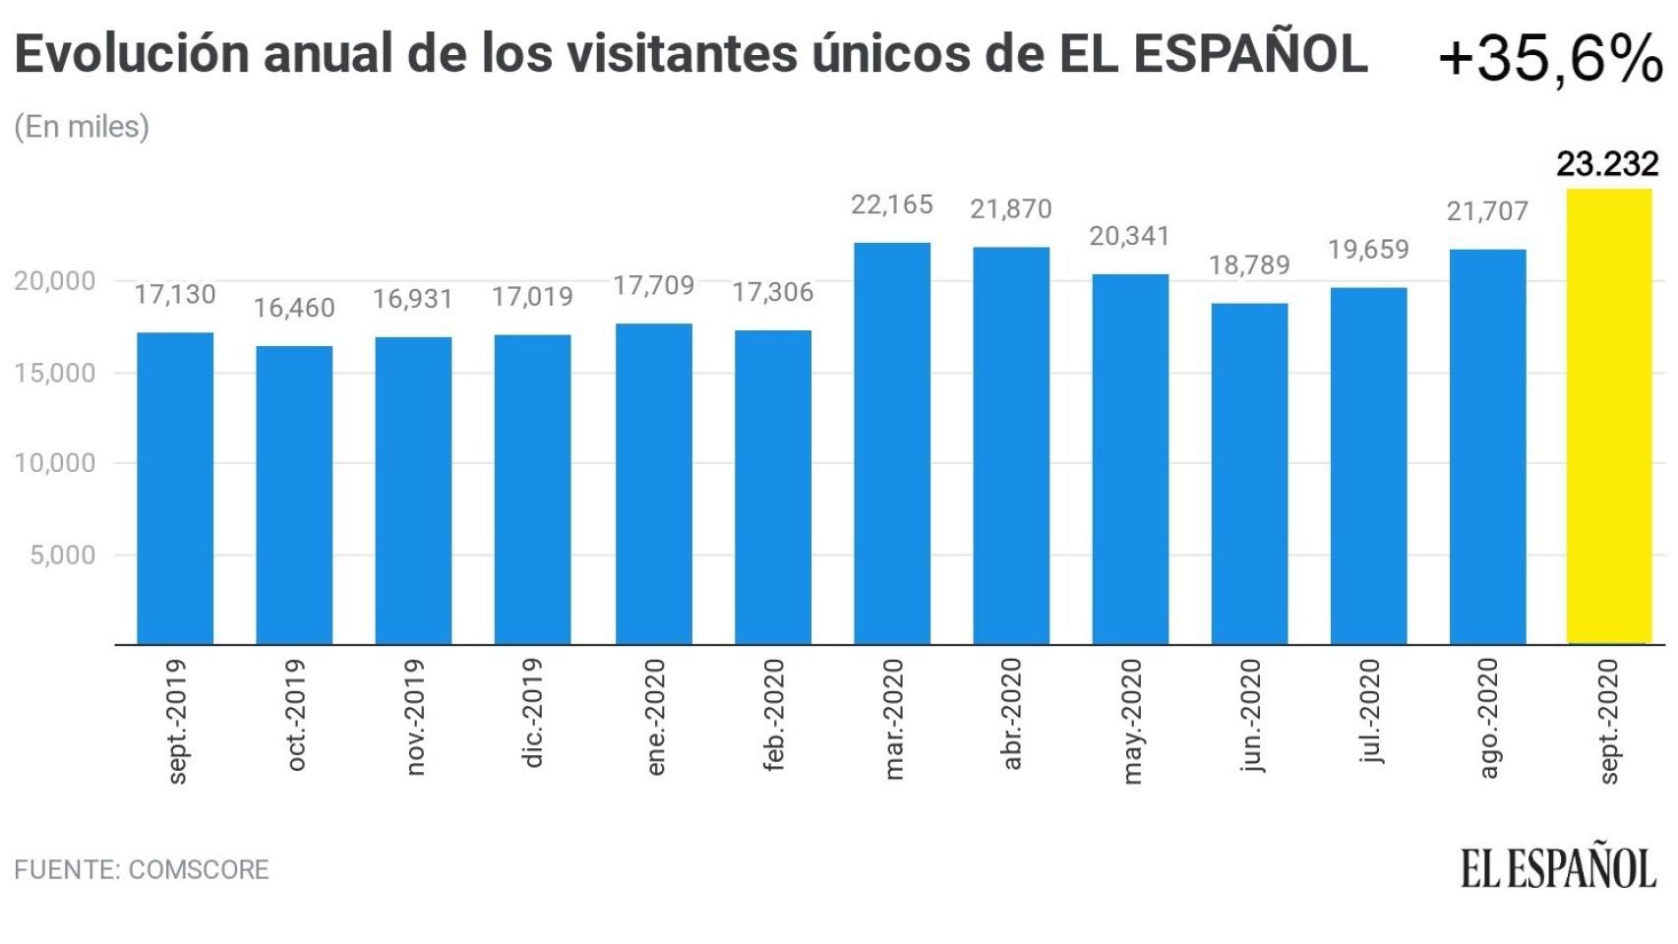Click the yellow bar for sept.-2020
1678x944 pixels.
pyautogui.click(x=1608, y=417)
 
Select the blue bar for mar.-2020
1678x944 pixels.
pyautogui.click(x=892, y=443)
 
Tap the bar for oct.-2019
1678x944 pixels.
pyautogui.click(x=294, y=496)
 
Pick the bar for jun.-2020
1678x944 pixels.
pyautogui.click(x=1249, y=474)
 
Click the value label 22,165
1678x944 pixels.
pyautogui.click(x=892, y=205)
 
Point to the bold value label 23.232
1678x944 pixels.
pyautogui.click(x=1607, y=163)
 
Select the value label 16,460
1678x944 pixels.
pyautogui.click(x=294, y=308)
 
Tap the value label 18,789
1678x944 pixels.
pyautogui.click(x=1249, y=265)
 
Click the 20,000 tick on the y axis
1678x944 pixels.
pyautogui.click(x=55, y=281)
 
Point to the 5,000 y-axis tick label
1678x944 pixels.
pyautogui.click(x=63, y=555)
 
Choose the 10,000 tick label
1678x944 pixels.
pyautogui.click(x=55, y=463)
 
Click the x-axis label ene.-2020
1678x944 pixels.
pyautogui.click(x=655, y=717)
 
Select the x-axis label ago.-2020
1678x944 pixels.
pyautogui.click(x=1488, y=719)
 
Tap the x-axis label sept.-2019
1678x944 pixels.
pyautogui.click(x=176, y=721)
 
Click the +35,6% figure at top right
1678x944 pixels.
pyautogui.click(x=1550, y=59)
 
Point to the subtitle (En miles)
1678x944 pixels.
pyautogui.click(x=82, y=127)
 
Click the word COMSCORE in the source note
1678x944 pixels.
pyautogui.click(x=199, y=870)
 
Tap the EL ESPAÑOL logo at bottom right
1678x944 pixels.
pyautogui.click(x=1558, y=866)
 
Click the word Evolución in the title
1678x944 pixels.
pyautogui.click(x=131, y=54)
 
